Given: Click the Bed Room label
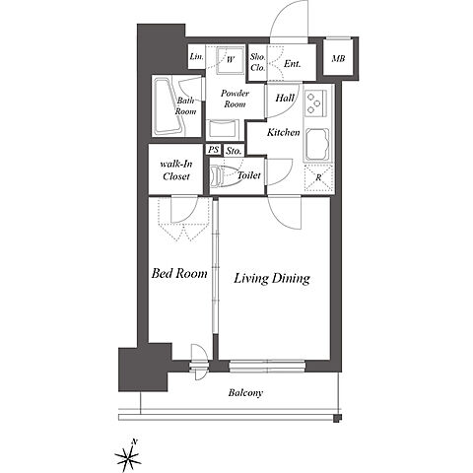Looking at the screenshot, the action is coord(179,273).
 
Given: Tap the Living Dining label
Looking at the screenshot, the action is coord(272,279).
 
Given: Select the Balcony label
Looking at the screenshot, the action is coord(245,393).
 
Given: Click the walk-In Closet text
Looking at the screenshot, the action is coord(176,170).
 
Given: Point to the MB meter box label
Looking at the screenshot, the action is coord(338,59).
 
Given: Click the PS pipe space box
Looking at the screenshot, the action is coord(214,150).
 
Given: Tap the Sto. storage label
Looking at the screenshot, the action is coord(234,151).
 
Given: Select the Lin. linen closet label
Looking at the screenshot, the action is coord(196,56).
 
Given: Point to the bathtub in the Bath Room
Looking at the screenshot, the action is coord(169,106).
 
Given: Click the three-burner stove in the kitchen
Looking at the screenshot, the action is coord(315,103).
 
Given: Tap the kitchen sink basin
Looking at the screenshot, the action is coord(317,143).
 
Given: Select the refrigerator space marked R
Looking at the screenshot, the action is coord(318,178).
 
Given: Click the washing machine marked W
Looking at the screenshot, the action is coord(230,61).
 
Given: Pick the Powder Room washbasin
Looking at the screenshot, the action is coord(223,129).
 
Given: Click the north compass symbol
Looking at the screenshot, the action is coord(128,455).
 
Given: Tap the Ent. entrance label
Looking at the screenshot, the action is coord(292,64).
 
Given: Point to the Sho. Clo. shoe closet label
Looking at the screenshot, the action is coord(257,62).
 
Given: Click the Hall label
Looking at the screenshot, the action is coord(285,98).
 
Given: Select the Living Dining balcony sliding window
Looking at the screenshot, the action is coord(267,367).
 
